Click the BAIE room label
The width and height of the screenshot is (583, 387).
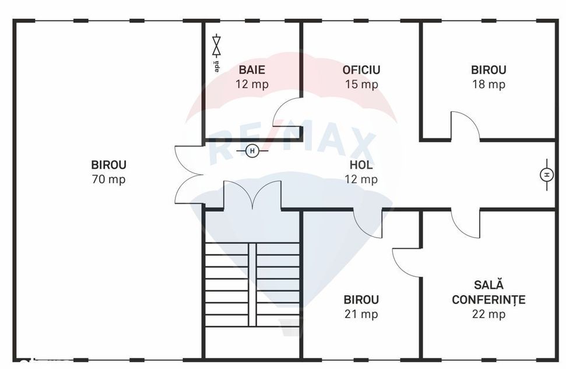252,69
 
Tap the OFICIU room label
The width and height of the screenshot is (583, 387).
361,69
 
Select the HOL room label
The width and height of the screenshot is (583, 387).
361,165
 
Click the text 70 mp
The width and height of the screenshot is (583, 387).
108,179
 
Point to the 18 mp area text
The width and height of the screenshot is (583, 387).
489,85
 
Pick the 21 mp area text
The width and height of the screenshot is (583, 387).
361,314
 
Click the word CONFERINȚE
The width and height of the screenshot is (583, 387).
489,299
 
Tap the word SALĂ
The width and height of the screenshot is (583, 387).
489,285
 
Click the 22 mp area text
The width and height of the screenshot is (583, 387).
489,314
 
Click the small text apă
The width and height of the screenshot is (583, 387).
216,66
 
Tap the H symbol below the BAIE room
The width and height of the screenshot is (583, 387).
252,151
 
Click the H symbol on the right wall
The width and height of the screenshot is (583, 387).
547,175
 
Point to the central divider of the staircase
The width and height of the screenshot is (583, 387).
252,285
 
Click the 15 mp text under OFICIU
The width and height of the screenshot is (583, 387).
361,85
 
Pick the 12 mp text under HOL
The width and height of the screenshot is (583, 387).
361,179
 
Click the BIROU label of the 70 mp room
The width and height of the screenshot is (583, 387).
108,165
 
